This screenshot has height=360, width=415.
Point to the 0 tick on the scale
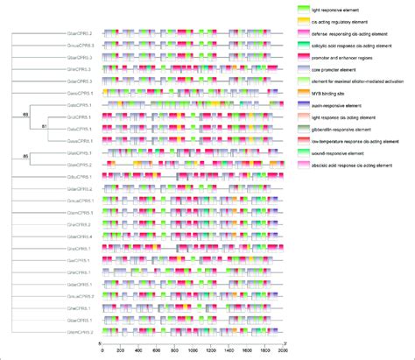tap(102, 349)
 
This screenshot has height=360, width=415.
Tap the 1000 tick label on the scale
tap(193, 349)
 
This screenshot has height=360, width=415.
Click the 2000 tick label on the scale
tap(282, 349)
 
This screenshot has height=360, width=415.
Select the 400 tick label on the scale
tap(138, 349)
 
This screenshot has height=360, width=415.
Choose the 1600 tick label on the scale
tap(246, 349)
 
